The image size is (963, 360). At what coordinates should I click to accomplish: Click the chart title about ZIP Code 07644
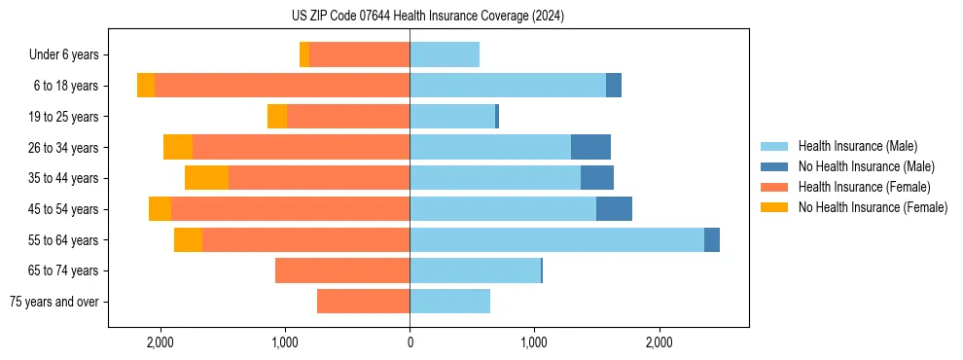pos(428,16)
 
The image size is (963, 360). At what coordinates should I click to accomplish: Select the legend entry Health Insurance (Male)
pos(857,146)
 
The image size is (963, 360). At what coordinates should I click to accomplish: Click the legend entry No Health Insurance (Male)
pos(866,166)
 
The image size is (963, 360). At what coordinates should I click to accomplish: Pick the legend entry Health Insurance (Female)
pos(864,187)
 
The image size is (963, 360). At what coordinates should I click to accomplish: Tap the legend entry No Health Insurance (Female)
pos(873,207)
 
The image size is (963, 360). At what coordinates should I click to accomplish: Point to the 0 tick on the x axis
pos(410,342)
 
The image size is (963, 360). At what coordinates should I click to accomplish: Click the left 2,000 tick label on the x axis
pos(160,342)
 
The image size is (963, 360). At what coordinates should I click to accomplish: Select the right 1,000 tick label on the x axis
pos(534,342)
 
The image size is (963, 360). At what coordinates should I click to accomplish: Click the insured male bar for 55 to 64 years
pos(556,239)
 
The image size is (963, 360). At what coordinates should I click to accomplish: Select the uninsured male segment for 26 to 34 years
pos(590,147)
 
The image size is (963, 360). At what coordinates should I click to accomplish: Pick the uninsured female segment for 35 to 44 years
pos(206,178)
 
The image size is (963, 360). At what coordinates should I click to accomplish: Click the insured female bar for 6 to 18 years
pos(282,86)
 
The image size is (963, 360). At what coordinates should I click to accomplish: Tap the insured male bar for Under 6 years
pos(445,55)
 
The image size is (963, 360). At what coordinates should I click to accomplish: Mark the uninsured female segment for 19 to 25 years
pos(277,117)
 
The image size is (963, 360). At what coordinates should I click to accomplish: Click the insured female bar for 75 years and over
pos(363,302)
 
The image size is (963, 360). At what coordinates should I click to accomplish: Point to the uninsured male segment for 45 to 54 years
pos(614,209)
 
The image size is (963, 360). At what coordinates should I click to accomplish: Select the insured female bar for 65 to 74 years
pos(342,270)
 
